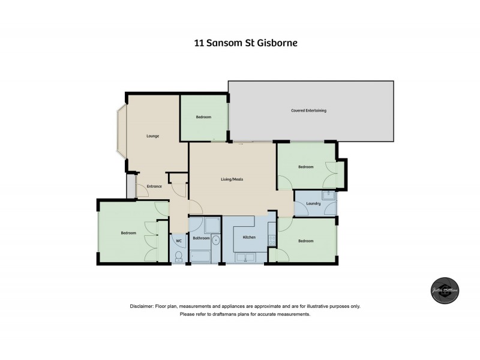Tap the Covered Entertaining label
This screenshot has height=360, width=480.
[308, 111]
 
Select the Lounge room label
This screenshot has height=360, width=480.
[153, 136]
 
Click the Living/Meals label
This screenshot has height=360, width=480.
[232, 179]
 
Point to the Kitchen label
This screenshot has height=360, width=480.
[249, 238]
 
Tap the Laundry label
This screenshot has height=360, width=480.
[313, 204]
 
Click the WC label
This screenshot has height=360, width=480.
[179, 241]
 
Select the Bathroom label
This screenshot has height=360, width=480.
[201, 238]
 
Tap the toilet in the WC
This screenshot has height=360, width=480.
[179, 256]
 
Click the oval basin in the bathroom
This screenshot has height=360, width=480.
[216, 243]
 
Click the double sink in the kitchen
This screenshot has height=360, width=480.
[247, 258]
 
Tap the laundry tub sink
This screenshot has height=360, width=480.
[328, 195]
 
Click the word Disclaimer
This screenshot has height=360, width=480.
[142, 306]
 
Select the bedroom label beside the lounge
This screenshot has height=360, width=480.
[203, 117]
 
